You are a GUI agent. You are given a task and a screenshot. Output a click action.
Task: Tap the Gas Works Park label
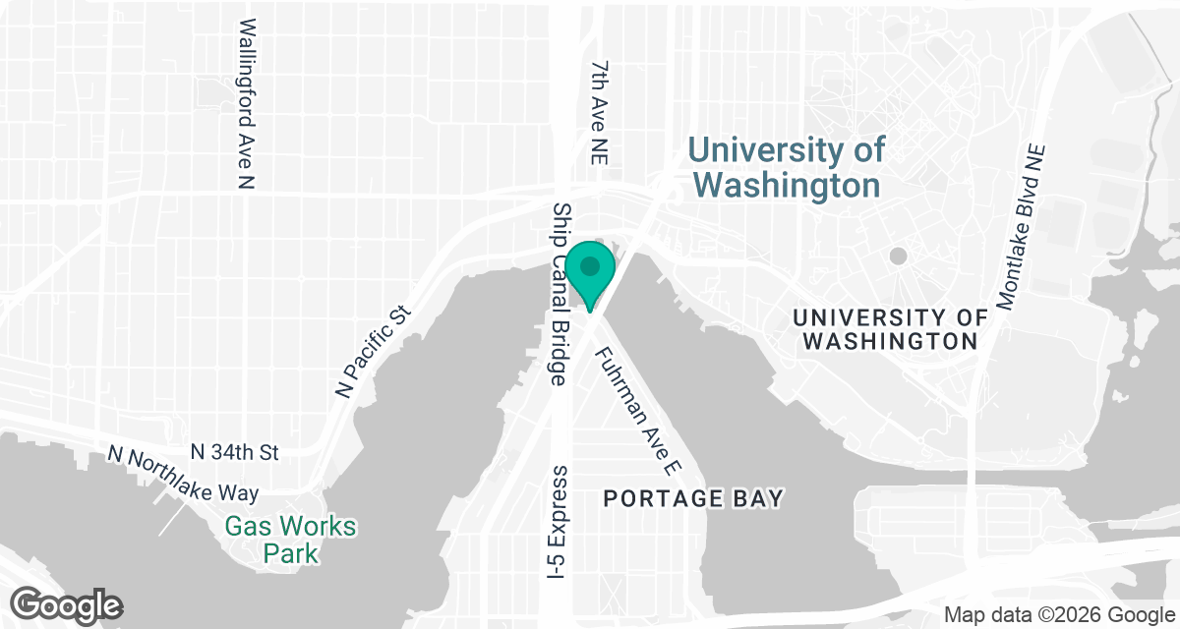[290, 540]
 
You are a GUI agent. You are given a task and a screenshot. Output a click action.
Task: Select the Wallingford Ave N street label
[247, 103]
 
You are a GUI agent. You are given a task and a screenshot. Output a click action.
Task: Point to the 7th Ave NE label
[601, 108]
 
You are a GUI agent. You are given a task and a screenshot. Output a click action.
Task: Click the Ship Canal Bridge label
[560, 294]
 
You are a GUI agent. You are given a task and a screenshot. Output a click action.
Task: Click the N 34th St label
[235, 452]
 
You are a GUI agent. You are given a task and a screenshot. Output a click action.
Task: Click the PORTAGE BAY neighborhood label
[693, 499]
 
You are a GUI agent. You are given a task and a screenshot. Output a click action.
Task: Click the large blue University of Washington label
[786, 168]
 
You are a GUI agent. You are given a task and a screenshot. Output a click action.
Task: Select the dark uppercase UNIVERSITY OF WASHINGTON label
[890, 329]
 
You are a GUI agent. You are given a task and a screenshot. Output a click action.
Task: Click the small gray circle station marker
[898, 257]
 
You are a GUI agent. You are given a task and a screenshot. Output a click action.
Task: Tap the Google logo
[67, 603]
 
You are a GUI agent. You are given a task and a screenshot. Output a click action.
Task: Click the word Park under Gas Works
[290, 553]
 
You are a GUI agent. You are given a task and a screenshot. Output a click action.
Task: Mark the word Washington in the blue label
[786, 185]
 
